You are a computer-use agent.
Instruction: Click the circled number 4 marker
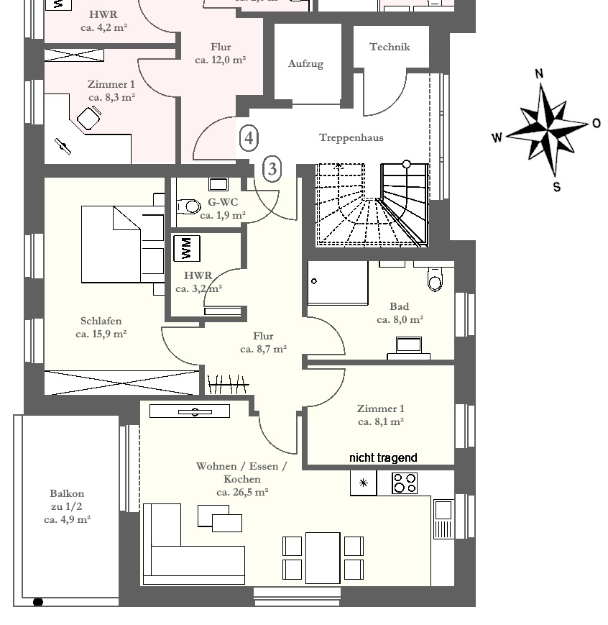249,138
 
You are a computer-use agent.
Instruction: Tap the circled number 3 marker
272,168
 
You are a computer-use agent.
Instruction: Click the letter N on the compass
539,73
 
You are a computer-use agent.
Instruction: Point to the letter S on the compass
556,186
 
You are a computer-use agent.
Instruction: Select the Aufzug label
305,64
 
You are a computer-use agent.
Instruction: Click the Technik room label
390,47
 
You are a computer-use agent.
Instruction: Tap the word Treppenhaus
351,138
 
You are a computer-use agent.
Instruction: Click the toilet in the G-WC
188,206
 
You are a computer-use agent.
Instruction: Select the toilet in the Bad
435,278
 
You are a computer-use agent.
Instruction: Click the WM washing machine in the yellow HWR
186,248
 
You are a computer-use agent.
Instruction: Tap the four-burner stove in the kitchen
405,483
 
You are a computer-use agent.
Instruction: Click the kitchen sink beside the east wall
443,519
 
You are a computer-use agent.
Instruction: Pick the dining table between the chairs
323,558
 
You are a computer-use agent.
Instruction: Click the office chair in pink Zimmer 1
89,117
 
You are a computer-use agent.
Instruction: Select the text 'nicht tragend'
383,457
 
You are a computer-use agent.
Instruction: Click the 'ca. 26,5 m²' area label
242,492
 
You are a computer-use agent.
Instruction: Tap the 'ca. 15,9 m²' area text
101,334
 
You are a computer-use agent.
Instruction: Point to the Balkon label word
67,493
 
